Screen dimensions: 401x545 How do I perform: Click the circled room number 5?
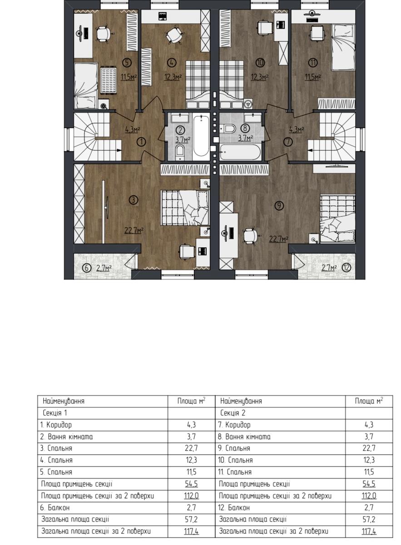127,63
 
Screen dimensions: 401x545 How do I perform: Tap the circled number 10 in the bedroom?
260,63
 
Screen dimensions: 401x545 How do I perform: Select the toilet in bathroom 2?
180,153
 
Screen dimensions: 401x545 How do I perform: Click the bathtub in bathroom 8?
240,152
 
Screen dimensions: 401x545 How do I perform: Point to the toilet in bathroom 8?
228,128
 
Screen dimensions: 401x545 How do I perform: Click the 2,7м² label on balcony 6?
104,268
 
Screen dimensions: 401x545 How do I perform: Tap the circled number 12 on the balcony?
346,268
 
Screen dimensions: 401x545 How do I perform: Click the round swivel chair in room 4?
174,35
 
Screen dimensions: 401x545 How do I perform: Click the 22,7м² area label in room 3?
134,230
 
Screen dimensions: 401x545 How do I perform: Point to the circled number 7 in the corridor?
288,142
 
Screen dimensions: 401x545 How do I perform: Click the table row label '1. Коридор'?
56,425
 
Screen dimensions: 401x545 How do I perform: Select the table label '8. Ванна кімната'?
244,437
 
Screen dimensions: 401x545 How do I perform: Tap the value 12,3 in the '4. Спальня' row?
191,461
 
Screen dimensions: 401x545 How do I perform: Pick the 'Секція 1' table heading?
55,413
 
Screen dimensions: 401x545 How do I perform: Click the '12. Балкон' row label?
233,508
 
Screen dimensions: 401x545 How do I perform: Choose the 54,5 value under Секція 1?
191,484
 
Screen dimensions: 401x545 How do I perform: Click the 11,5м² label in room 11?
313,77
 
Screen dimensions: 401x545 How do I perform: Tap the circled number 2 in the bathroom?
180,130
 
